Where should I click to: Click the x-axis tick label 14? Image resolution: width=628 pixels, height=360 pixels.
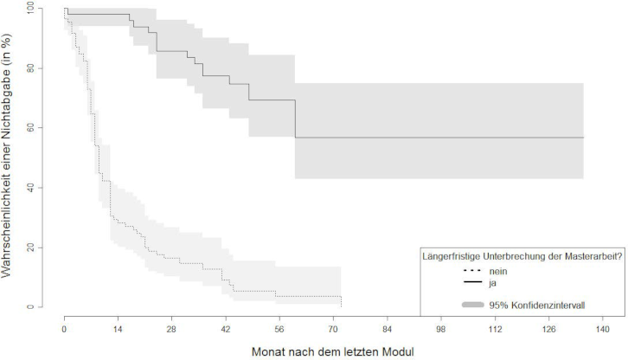pyautogui.click(x=118, y=330)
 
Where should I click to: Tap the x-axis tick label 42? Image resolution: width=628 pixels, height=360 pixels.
pyautogui.click(x=226, y=330)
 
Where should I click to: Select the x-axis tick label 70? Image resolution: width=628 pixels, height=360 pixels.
pyautogui.click(x=333, y=330)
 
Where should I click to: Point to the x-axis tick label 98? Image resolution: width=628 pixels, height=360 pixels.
pyautogui.click(x=441, y=330)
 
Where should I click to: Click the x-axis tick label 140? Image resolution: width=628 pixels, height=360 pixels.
pyautogui.click(x=603, y=330)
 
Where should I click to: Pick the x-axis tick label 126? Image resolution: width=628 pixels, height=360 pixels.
pyautogui.click(x=548, y=330)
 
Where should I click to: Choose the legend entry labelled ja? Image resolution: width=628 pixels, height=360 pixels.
pyautogui.click(x=489, y=282)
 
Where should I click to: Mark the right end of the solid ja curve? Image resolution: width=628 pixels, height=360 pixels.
pyautogui.click(x=584, y=138)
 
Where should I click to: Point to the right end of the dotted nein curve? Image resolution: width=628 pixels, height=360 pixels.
pyautogui.click(x=342, y=305)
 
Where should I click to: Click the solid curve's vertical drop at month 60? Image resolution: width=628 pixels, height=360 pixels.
pyautogui.click(x=295, y=119)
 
